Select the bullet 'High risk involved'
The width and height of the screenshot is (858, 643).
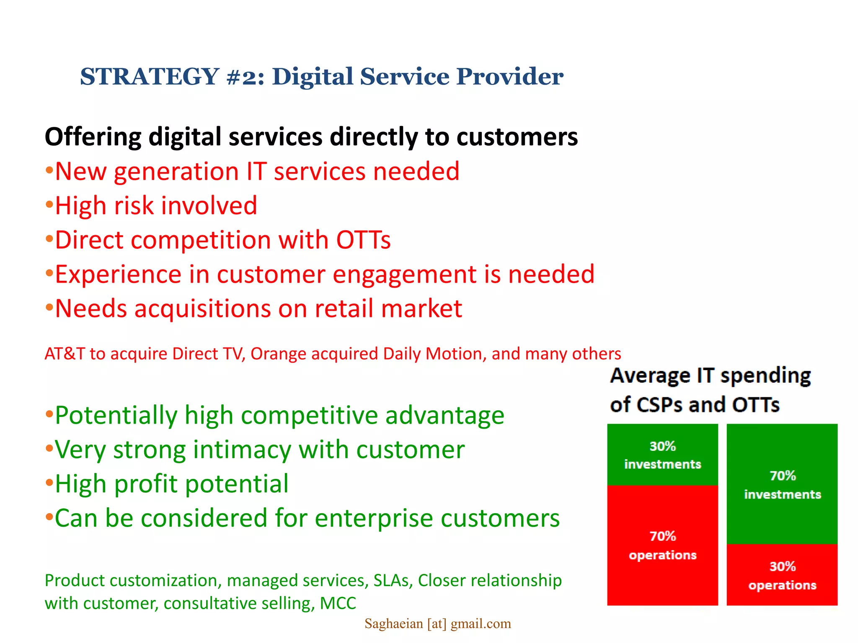pyautogui.click(x=156, y=206)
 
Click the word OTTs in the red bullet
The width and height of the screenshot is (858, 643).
pyautogui.click(x=363, y=240)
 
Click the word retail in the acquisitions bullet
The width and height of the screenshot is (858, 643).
pyautogui.click(x=344, y=309)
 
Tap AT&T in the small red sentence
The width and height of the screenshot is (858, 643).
pyautogui.click(x=65, y=354)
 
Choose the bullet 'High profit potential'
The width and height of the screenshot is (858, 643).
pyautogui.click(x=172, y=484)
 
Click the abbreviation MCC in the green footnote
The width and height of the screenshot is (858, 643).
pyautogui.click(x=338, y=604)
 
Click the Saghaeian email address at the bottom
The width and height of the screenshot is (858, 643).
pyautogui.click(x=437, y=624)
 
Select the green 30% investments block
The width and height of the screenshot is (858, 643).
pyautogui.click(x=662, y=455)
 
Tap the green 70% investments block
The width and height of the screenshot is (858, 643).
pyautogui.click(x=782, y=485)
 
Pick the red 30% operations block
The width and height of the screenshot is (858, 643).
pyautogui.click(x=782, y=575)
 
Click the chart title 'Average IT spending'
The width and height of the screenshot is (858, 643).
pyautogui.click(x=710, y=376)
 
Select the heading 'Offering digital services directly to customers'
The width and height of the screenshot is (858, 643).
pyautogui.click(x=311, y=137)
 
